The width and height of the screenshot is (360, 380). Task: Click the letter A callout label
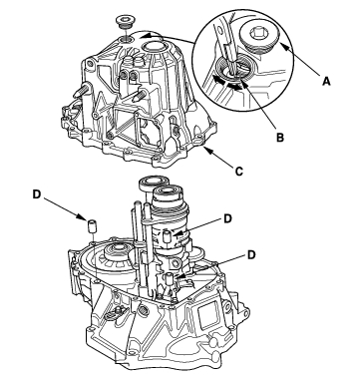(326, 81)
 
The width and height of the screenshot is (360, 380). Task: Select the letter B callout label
(280, 137)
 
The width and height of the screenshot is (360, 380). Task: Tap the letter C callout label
(238, 171)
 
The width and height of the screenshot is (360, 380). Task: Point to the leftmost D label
(37, 194)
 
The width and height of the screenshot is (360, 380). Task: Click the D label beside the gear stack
(227, 218)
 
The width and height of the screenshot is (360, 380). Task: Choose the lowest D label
(251, 254)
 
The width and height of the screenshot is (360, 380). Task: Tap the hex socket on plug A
(257, 33)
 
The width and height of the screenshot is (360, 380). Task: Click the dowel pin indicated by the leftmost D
(92, 225)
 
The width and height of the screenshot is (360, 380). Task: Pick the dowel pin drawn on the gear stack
(169, 236)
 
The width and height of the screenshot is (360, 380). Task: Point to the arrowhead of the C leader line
(206, 150)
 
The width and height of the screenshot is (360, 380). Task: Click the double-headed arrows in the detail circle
(228, 83)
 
